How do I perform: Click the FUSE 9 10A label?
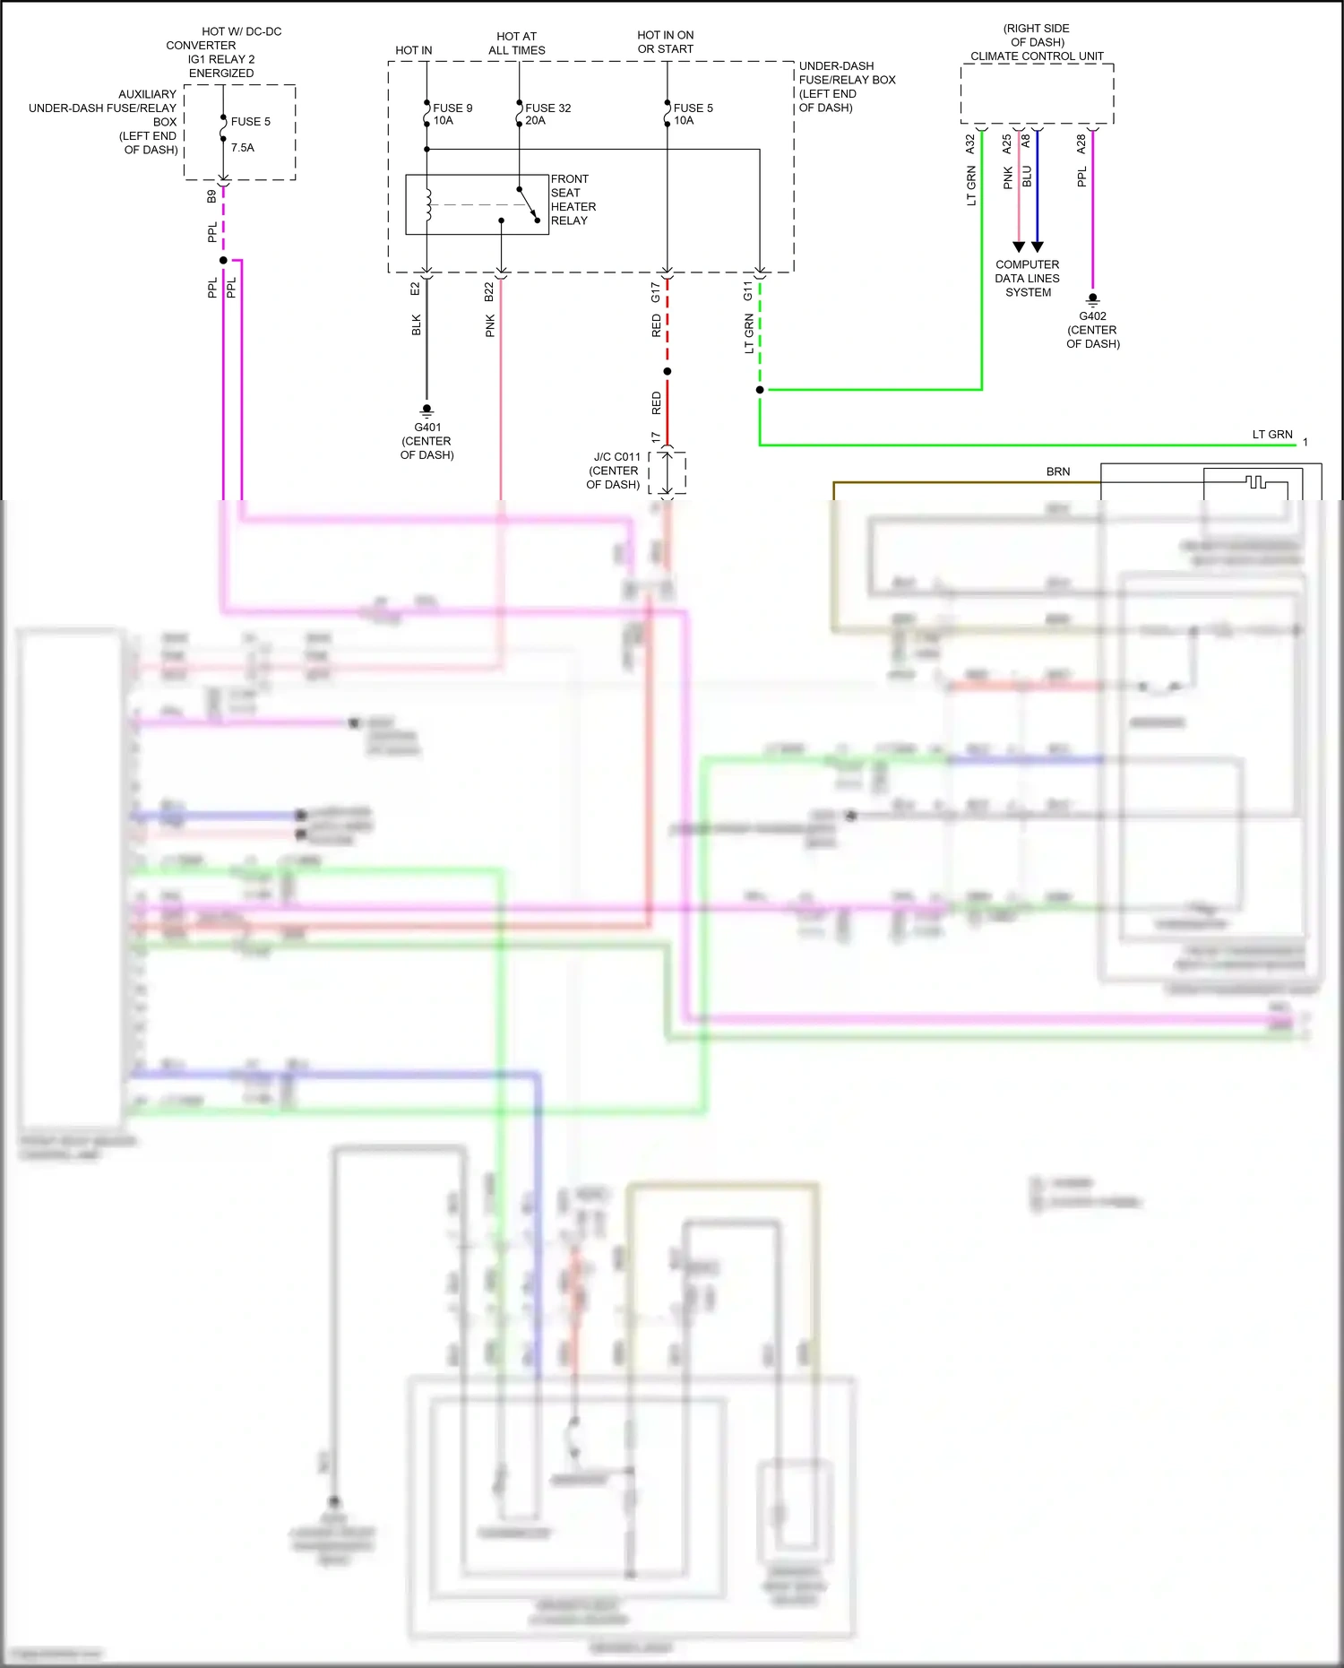(x=452, y=114)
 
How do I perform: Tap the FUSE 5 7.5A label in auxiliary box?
(x=250, y=134)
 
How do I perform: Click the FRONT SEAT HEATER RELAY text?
(x=573, y=199)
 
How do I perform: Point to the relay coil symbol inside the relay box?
(x=428, y=204)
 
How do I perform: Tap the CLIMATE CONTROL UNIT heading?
(x=1037, y=56)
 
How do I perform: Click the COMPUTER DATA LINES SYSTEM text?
(x=1028, y=278)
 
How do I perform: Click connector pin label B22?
(x=489, y=291)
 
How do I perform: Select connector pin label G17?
(x=656, y=291)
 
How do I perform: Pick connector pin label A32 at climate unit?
(x=970, y=143)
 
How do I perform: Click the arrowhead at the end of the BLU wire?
(x=1038, y=246)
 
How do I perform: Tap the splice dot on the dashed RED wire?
(x=668, y=371)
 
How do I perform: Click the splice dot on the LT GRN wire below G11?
(x=760, y=390)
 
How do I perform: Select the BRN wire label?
(x=1058, y=471)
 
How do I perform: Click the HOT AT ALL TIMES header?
(x=516, y=43)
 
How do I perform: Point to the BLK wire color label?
(x=417, y=324)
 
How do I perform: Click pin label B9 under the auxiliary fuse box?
(x=212, y=195)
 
